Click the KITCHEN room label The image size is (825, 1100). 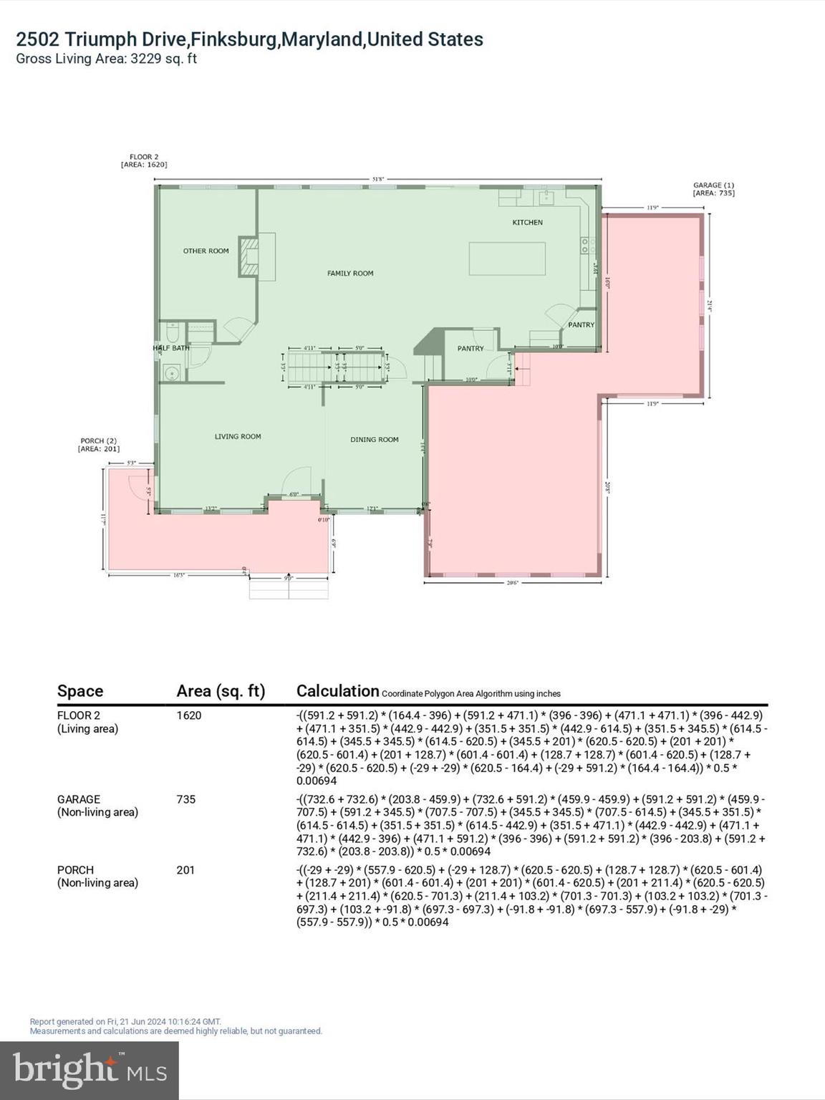click(527, 223)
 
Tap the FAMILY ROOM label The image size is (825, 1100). click(350, 274)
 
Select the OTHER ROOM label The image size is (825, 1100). click(206, 251)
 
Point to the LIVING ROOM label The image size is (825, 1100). click(238, 437)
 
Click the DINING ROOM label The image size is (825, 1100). click(374, 440)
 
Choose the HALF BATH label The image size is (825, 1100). click(171, 349)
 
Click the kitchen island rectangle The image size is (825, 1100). click(507, 259)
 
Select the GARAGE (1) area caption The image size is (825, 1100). click(713, 189)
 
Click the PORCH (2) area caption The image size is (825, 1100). click(98, 445)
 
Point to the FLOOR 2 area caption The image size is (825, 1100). click(144, 160)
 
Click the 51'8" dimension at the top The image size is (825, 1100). click(378, 179)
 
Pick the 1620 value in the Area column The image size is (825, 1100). click(189, 715)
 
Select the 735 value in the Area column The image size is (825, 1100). click(185, 799)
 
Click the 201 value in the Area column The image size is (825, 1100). click(185, 870)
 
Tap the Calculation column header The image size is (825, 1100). click(337, 691)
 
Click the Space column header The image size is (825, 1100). click(80, 691)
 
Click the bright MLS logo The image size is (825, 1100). click(90, 1071)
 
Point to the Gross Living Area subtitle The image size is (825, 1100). click(106, 59)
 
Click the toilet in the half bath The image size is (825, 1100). click(173, 333)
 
